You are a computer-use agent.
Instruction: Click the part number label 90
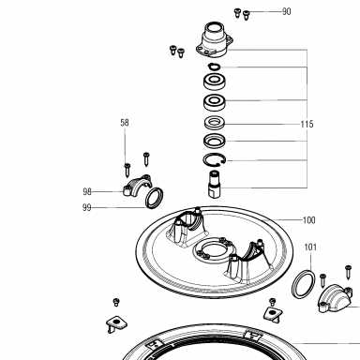coord(287,11)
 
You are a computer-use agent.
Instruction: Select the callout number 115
coord(307,124)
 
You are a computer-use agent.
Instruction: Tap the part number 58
coord(125,123)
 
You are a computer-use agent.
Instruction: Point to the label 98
coord(87,191)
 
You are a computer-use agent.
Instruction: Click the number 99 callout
coord(87,207)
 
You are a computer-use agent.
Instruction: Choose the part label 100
coord(309,220)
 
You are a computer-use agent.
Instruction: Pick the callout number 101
coord(310,247)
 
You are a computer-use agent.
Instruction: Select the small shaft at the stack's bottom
coord(215,184)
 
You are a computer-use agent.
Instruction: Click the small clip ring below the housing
coord(215,67)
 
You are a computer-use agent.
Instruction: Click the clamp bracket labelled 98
coord(137,184)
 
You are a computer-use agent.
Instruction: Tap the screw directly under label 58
coord(127,170)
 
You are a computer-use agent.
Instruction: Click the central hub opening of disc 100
coord(215,250)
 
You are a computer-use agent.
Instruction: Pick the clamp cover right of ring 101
coord(335,298)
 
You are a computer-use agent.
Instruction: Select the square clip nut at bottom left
coord(116,323)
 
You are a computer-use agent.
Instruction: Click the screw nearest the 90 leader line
coord(247,15)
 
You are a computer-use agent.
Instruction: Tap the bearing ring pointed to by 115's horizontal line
coord(215,123)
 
